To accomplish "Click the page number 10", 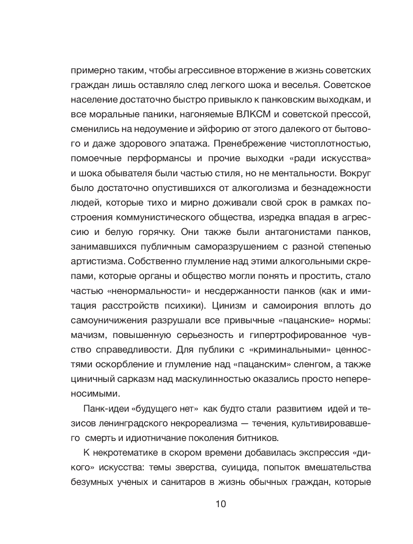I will tap(221, 504).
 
